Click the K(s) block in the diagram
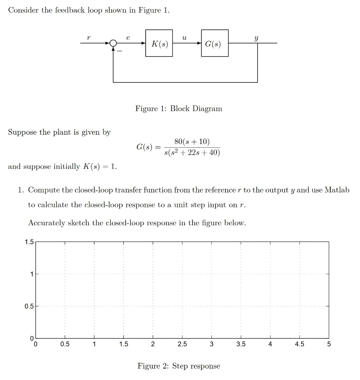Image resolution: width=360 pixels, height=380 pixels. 159,43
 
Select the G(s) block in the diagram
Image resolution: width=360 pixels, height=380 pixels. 215,43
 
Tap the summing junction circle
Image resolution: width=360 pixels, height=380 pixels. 113,43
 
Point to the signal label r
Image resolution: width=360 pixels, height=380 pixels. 88,37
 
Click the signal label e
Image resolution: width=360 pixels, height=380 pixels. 128,37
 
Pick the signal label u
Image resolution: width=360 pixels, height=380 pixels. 185,37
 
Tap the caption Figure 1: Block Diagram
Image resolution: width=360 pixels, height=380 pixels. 179,109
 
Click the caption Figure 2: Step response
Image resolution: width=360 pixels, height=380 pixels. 179,366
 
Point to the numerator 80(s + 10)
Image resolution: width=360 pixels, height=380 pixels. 192,142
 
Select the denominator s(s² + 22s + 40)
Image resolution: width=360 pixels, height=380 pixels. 192,153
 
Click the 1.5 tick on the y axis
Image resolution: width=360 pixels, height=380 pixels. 29,242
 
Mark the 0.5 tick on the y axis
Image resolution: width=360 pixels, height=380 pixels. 29,307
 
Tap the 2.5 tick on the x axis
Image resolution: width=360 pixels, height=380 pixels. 182,344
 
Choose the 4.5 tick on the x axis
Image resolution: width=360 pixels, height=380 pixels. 299,344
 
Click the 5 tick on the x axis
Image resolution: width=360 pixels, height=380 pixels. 329,344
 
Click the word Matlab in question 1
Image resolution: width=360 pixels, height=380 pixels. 337,190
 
